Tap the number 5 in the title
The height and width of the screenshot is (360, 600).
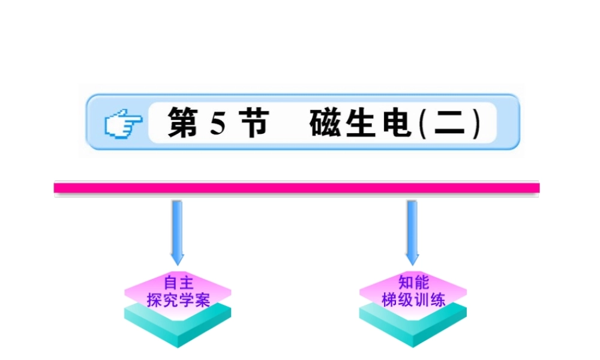coord(217,123)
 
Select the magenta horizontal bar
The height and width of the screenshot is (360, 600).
coord(296,188)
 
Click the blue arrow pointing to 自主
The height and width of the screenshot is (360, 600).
coord(177,231)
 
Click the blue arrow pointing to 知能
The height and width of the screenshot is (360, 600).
coord(412,231)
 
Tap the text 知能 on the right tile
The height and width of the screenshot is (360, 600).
coord(413,283)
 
